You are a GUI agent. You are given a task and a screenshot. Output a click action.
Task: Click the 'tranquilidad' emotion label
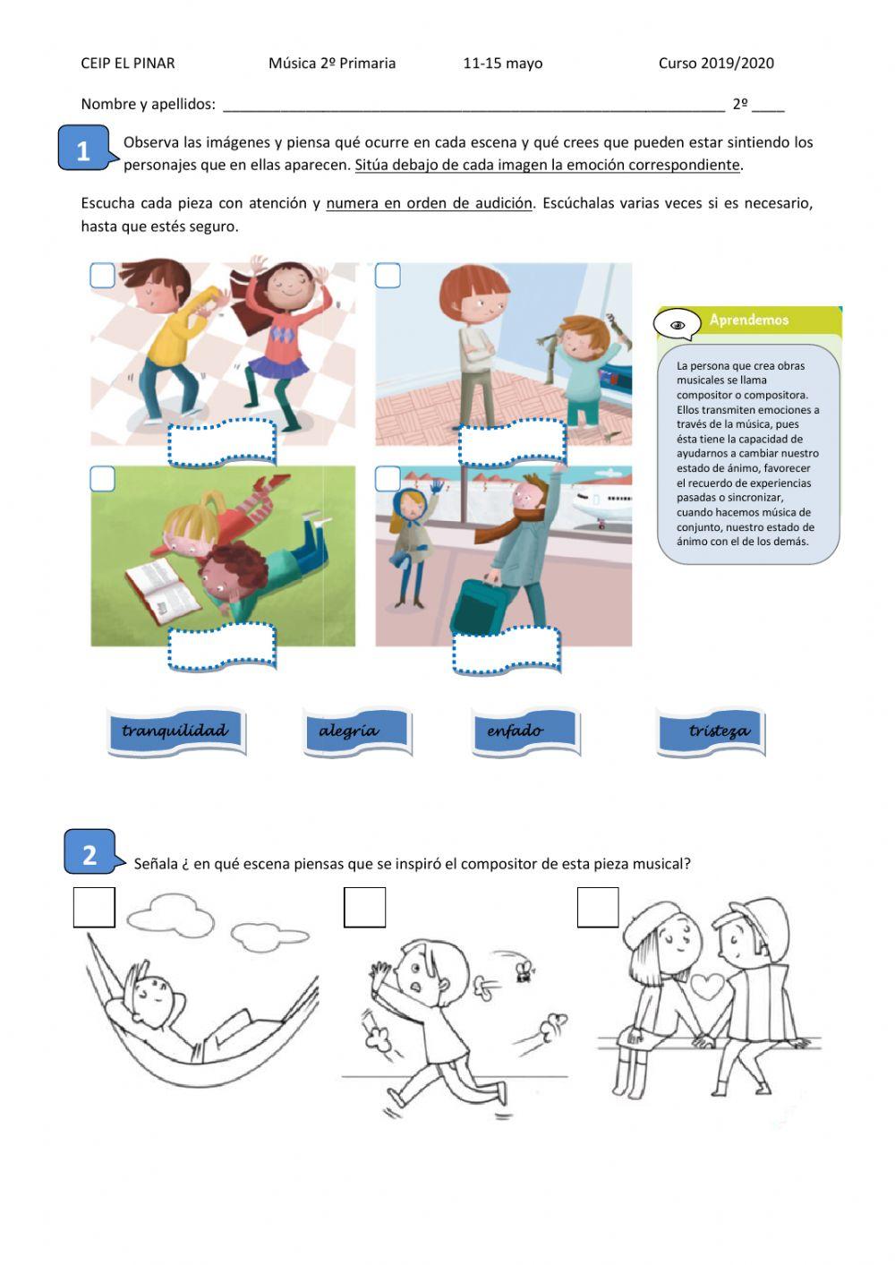pos(176,731)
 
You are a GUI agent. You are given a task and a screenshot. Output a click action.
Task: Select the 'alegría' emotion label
pos(357,731)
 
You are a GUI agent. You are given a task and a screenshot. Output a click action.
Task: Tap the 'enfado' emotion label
pos(525,731)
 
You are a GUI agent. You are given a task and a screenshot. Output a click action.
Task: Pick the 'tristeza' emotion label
pos(711,731)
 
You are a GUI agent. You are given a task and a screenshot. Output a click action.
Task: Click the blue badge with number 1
pos(85,149)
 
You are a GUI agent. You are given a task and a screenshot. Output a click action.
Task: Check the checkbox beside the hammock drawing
pos(94,907)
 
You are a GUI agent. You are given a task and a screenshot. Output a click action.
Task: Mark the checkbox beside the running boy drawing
pos(365,907)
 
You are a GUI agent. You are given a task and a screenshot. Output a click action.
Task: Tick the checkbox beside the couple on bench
pos(598,907)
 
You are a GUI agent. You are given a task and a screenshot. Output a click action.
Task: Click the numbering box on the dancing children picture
pos(103,276)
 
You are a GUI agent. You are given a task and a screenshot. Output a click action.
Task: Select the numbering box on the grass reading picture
pos(103,479)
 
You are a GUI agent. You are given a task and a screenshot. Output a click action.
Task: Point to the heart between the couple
pos(708,987)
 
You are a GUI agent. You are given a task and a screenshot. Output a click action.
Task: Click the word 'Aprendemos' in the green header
pos(749,320)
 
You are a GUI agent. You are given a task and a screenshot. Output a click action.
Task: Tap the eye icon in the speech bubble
pos(678,325)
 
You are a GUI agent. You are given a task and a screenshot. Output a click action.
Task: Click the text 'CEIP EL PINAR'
pos(128,64)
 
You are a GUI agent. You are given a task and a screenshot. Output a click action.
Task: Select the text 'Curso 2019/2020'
pos(716,64)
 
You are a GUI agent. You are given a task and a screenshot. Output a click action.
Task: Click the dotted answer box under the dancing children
pos(222,443)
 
